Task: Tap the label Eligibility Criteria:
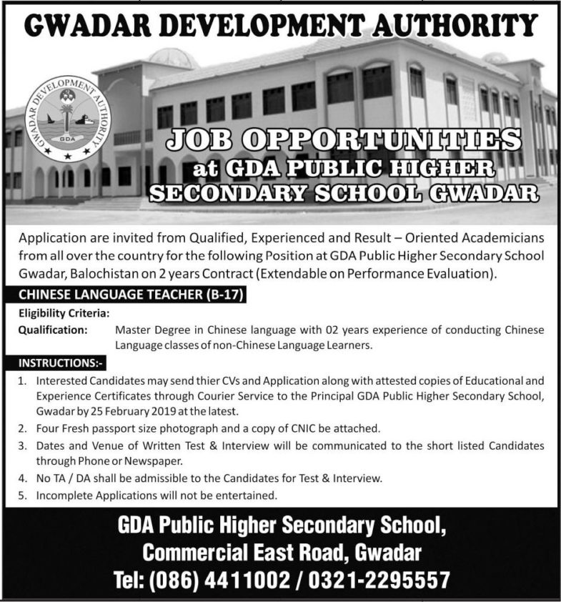pyautogui.click(x=64, y=313)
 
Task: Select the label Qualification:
pyautogui.click(x=52, y=330)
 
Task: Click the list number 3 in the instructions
pyautogui.click(x=23, y=445)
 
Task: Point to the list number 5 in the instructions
pyautogui.click(x=23, y=495)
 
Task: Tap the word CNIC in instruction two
pyautogui.click(x=314, y=429)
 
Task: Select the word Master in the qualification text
pyautogui.click(x=131, y=330)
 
